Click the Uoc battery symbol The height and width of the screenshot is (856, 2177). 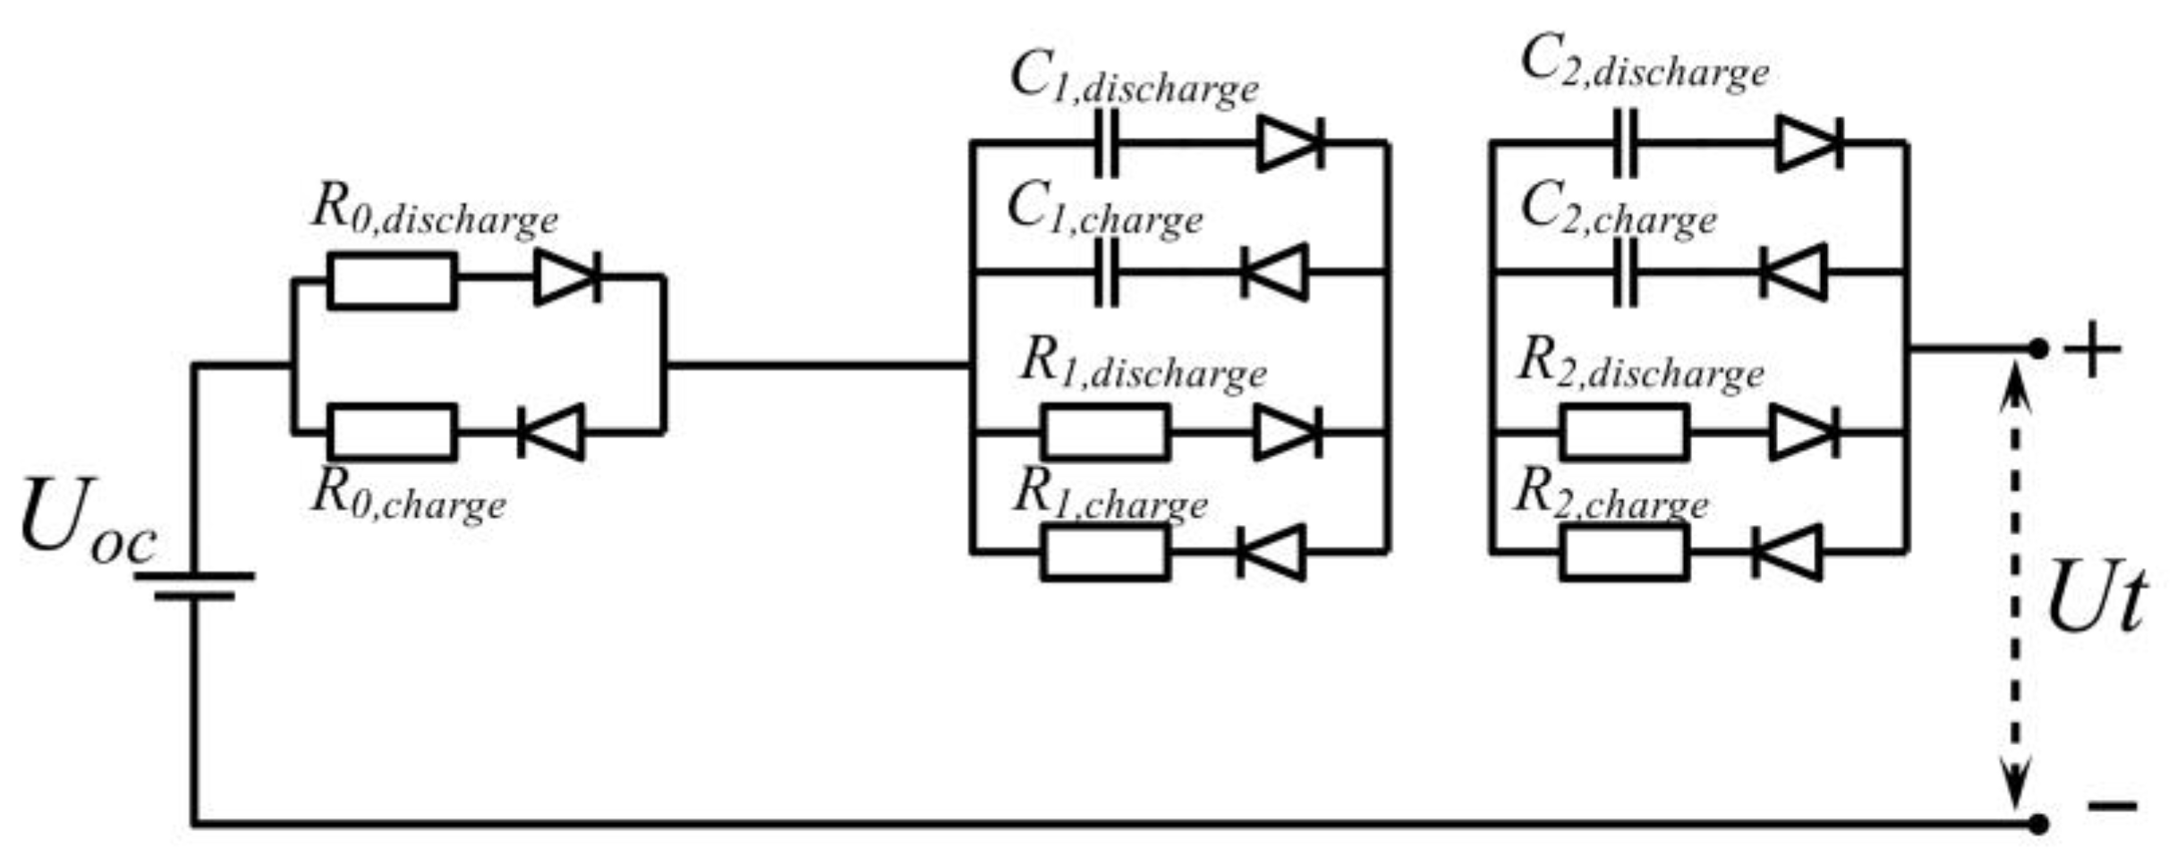pyautogui.click(x=195, y=586)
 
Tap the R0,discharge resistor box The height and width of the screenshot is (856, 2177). pyautogui.click(x=392, y=281)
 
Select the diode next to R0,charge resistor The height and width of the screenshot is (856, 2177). pyautogui.click(x=551, y=433)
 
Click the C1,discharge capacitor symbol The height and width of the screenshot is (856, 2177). pyautogui.click(x=1107, y=143)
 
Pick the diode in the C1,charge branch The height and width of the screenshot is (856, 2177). pyautogui.click(x=1274, y=272)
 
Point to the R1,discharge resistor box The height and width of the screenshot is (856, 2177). pyautogui.click(x=1105, y=432)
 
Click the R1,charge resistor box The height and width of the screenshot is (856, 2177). pyautogui.click(x=1105, y=553)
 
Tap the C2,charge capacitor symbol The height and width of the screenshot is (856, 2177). pyautogui.click(x=1626, y=272)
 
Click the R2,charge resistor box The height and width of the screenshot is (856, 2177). pyautogui.click(x=1624, y=553)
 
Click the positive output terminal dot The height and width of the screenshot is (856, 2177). pyautogui.click(x=2037, y=349)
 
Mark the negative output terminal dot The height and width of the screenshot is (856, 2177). pyautogui.click(x=2037, y=824)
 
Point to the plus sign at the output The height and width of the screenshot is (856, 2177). pyautogui.click(x=2092, y=350)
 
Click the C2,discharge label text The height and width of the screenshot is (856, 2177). pyautogui.click(x=1645, y=64)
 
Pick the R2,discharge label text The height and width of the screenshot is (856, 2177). pyautogui.click(x=1640, y=366)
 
